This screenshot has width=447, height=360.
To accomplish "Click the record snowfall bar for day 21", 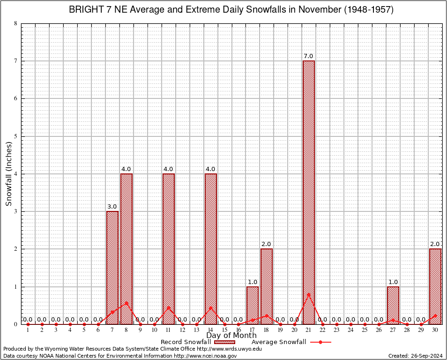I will [x=309, y=192].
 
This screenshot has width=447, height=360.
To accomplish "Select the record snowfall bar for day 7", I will [x=112, y=267].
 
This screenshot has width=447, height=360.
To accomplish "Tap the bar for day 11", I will [x=169, y=248].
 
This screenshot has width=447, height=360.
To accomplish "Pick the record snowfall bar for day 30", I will [x=435, y=286].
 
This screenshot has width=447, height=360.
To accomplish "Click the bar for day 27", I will [x=393, y=305].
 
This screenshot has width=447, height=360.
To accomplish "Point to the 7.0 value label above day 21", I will [x=308, y=56].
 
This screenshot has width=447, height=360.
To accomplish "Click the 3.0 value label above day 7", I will [x=112, y=206].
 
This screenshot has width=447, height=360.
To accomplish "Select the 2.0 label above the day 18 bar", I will [x=266, y=244].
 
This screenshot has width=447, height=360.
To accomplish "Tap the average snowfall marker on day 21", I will [x=309, y=294].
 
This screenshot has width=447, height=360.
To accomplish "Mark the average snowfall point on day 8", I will [x=127, y=303].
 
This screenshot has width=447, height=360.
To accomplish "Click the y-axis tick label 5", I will [x=16, y=136].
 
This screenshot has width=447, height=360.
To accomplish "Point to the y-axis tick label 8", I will [x=16, y=23].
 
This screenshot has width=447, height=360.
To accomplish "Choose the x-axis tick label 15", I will [x=224, y=330].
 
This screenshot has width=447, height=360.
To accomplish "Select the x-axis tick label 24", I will [x=351, y=330].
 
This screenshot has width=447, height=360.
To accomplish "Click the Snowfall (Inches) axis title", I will [x=9, y=173].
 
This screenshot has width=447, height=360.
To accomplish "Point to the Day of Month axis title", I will [x=231, y=336].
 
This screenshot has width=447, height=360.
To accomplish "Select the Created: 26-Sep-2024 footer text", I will [x=415, y=356].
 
